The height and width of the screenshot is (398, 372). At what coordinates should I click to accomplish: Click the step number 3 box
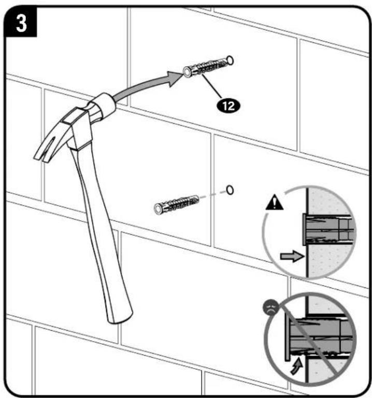21,22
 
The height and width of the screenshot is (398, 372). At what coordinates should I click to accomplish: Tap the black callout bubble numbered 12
228,105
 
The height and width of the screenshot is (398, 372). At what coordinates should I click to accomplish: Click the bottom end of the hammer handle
120,318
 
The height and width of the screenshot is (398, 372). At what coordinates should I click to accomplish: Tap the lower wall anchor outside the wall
176,204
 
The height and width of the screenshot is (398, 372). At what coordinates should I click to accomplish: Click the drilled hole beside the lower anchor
230,190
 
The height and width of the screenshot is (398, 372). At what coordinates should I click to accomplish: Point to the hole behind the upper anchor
230,60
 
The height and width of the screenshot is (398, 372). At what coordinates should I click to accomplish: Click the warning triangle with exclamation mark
274,202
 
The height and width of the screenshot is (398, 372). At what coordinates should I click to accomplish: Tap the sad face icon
270,308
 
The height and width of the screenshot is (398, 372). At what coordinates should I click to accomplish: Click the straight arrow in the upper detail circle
292,256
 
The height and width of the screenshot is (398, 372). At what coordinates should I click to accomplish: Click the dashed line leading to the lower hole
213,195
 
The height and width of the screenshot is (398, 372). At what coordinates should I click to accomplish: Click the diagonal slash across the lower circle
310,340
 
